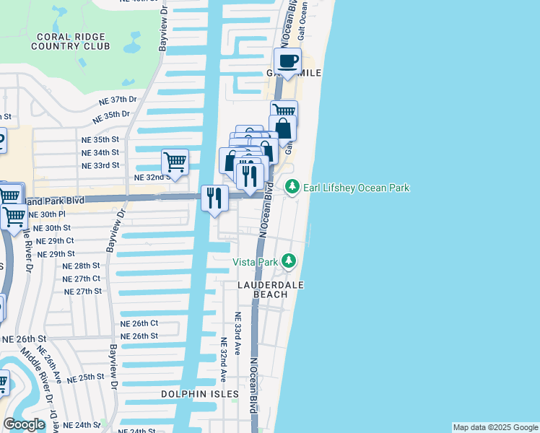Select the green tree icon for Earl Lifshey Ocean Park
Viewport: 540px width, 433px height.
(292, 188)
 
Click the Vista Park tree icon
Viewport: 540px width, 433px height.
(289, 261)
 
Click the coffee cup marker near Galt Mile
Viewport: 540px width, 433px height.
(287, 62)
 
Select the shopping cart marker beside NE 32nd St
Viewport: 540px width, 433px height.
(175, 162)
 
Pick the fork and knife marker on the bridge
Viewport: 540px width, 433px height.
(214, 198)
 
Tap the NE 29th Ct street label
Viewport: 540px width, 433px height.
(56, 240)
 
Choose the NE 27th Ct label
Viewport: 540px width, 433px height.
(82, 279)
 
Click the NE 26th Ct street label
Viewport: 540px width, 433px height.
(139, 323)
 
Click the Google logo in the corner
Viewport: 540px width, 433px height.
(24, 424)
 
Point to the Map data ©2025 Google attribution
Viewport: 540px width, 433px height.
(495, 427)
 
